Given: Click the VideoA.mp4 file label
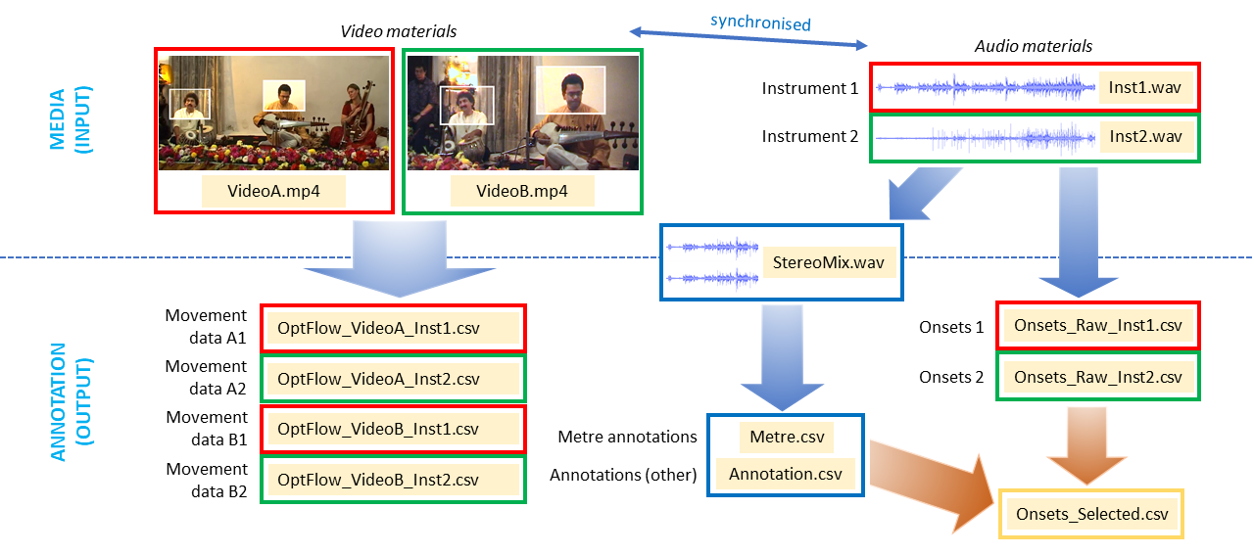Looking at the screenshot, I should [x=273, y=192].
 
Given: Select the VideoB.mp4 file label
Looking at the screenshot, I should [x=522, y=192].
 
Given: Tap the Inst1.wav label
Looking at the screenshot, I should [x=1144, y=88].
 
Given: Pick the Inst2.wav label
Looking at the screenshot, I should [x=1144, y=136].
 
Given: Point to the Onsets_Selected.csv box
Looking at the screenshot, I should [x=1091, y=514].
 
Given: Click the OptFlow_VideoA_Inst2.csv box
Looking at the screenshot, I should [x=393, y=378].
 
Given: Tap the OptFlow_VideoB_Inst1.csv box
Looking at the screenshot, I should [x=393, y=429].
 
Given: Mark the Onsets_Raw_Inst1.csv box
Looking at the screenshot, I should [x=1097, y=326].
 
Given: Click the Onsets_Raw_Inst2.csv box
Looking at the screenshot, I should [x=1097, y=377].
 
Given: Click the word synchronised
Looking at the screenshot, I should [x=760, y=22].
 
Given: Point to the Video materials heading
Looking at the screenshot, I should [x=398, y=31].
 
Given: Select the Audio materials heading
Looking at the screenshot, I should [x=1034, y=46].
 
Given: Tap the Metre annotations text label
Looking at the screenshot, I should [x=627, y=437].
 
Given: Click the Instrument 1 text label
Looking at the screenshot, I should [x=810, y=89].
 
